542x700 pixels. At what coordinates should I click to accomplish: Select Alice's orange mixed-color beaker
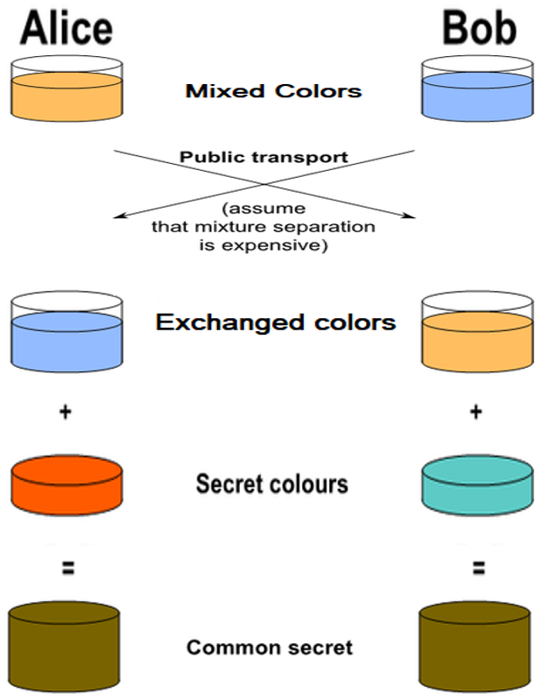[67, 91]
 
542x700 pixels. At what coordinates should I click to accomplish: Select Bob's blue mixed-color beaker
[477, 91]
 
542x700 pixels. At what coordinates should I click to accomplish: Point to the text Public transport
[264, 158]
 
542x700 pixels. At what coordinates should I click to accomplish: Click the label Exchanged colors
[276, 322]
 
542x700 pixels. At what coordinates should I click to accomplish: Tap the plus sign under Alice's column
[66, 411]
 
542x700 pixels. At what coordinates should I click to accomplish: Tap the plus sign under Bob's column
[477, 411]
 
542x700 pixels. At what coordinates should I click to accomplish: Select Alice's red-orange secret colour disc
[67, 483]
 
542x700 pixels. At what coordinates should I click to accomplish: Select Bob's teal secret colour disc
[477, 483]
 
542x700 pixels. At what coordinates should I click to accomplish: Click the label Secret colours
[271, 484]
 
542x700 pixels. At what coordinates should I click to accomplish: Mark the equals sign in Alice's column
[67, 567]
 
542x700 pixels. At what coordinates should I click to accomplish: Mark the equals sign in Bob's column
[477, 567]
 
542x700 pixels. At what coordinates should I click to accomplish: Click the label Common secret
[270, 648]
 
